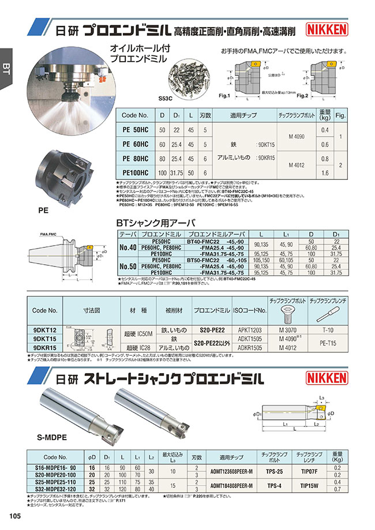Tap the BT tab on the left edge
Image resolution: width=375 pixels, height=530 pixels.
pos(6,67)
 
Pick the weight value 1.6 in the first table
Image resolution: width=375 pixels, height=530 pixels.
pos(324,172)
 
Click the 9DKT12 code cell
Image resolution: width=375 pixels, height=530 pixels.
pos(44,329)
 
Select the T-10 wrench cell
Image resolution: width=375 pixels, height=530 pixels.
pos(327,329)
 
